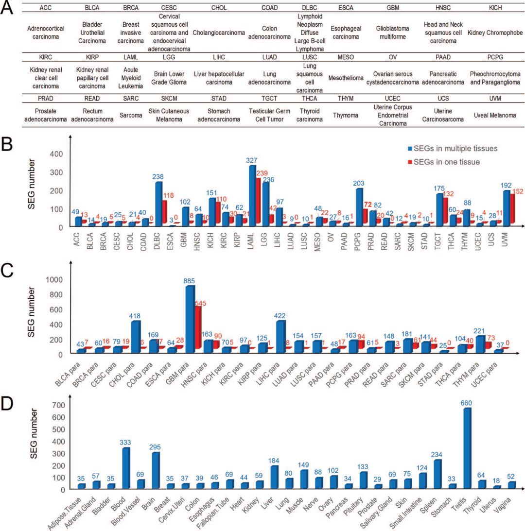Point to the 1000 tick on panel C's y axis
coord(55,280)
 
